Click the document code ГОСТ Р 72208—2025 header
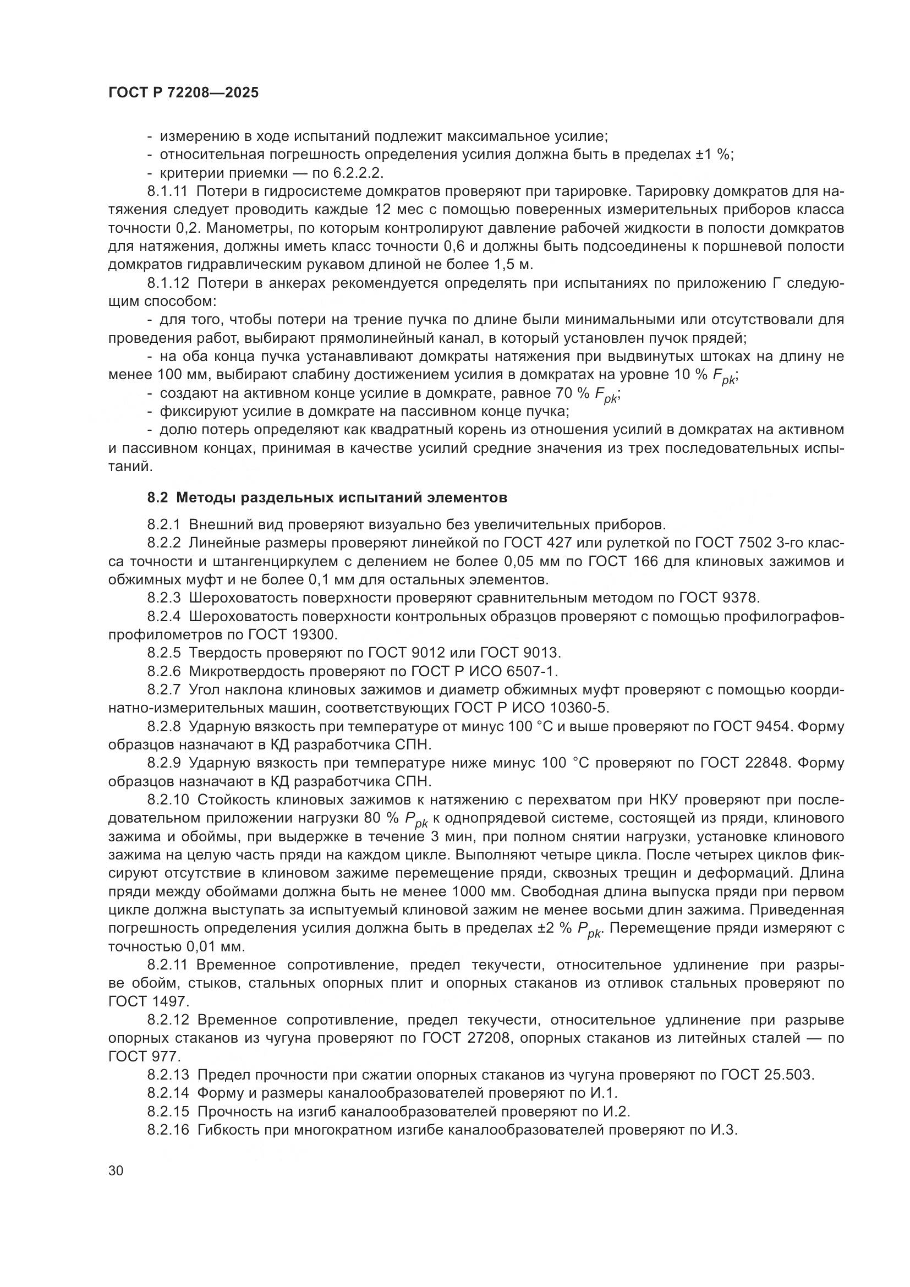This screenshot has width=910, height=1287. (x=183, y=93)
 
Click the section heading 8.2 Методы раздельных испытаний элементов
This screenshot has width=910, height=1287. (x=327, y=497)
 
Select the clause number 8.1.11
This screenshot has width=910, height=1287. (x=167, y=191)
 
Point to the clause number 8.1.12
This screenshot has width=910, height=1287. (x=167, y=283)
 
